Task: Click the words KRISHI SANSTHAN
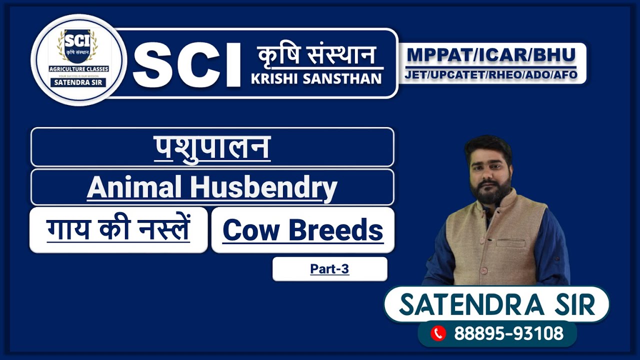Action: [316, 78]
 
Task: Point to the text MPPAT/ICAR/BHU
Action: [491, 54]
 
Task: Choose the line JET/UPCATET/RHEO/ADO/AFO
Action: [491, 75]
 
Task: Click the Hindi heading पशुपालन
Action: [212, 147]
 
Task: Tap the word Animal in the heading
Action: [134, 187]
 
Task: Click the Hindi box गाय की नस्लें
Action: [118, 229]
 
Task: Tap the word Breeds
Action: [336, 230]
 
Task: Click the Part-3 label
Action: [329, 269]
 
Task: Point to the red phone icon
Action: [438, 333]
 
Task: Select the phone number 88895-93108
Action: [508, 333]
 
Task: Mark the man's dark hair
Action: [487, 145]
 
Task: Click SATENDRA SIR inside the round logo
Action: [78, 82]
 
